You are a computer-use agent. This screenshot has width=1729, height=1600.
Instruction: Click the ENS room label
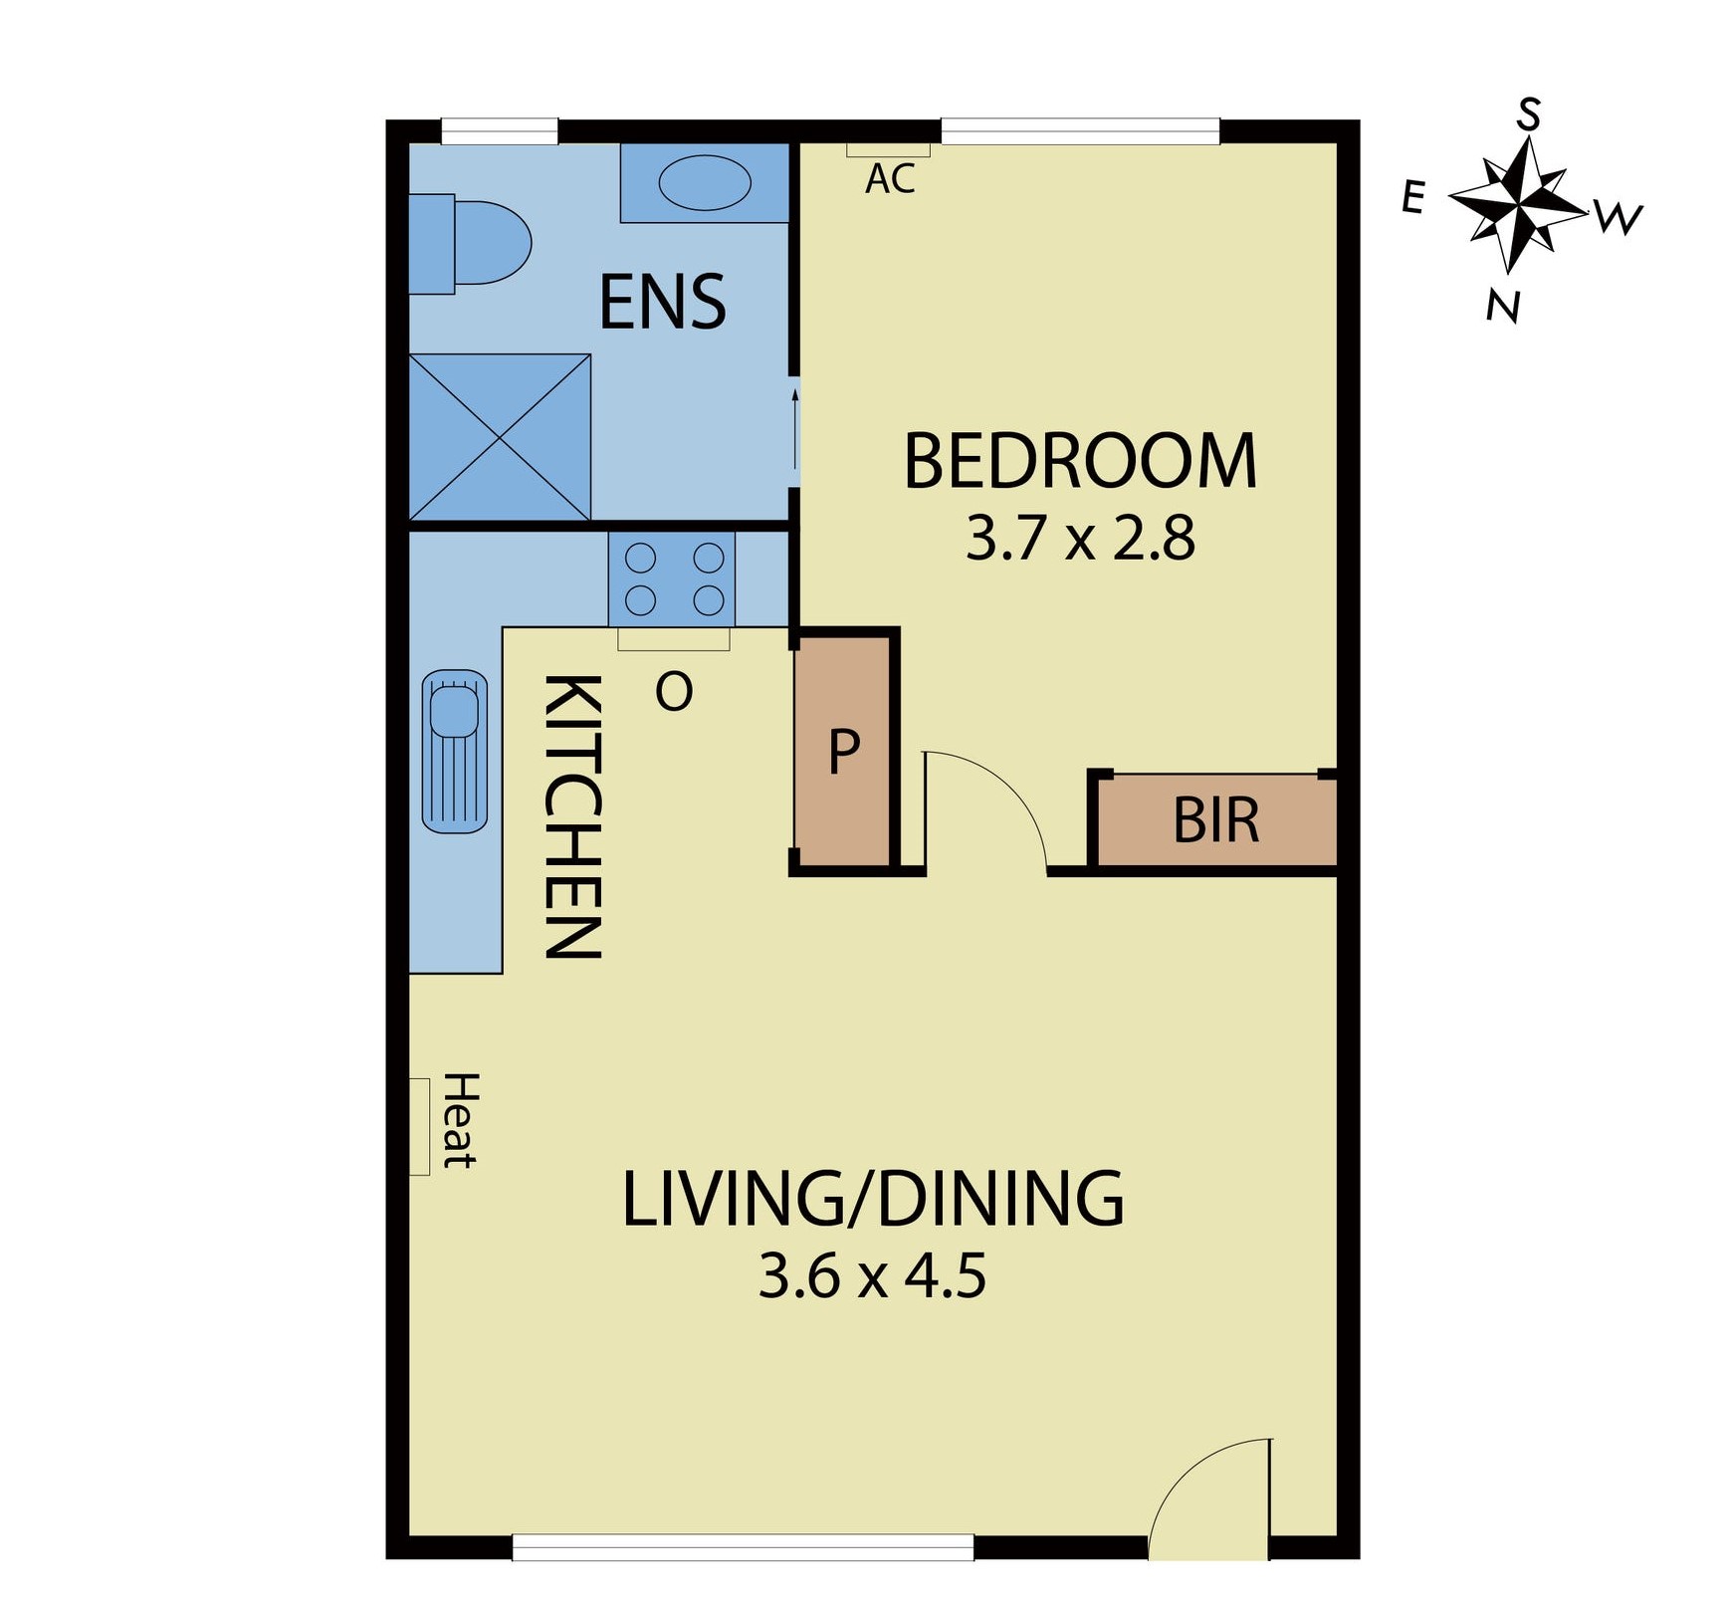coord(662,303)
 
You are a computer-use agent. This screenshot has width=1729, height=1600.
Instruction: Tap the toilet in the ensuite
coord(478,243)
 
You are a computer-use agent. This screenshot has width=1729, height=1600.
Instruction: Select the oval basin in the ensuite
coord(705,183)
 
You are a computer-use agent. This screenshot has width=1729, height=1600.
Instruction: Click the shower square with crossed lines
coord(500,436)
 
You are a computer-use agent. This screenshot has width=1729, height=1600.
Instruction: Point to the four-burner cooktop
coord(673,578)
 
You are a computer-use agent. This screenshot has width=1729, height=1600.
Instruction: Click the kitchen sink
coord(455,751)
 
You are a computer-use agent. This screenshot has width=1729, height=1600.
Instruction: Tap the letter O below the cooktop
coord(674,691)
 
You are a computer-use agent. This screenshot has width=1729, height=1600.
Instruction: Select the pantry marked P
coord(843,752)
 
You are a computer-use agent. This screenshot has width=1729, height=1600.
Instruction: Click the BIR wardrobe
coord(1216,820)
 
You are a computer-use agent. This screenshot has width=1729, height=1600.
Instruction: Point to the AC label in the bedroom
coord(890,179)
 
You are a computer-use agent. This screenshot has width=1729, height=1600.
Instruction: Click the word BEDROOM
coord(1080,462)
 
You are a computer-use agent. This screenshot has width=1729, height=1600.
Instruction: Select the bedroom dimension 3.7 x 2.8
coord(1080,539)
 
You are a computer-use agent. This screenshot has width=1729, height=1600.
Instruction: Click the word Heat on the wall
coord(460,1120)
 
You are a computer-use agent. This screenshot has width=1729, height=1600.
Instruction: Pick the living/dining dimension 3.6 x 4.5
coord(872,1276)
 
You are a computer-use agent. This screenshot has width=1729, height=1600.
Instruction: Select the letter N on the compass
coord(1503,306)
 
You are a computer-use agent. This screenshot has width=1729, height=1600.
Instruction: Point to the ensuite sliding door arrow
coord(794,428)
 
